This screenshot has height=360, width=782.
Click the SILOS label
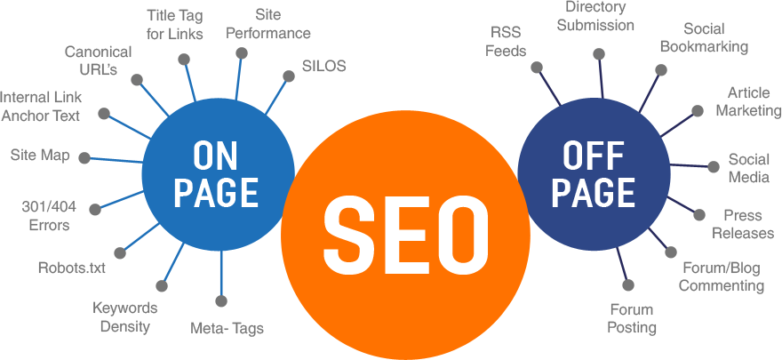coord(323,66)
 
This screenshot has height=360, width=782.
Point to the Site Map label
coord(40,156)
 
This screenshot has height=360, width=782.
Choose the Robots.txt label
coord(71,267)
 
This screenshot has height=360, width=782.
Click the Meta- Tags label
coord(227,328)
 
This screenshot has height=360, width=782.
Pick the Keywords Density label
coord(125,316)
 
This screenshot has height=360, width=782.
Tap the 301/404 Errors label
coord(48,216)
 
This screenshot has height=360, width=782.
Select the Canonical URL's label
coord(98,60)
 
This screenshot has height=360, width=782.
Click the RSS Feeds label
coord(506,41)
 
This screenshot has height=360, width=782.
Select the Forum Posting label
coord(632,318)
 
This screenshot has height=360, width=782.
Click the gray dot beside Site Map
coord(84,158)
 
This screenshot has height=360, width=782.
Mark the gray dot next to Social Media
coord(713,166)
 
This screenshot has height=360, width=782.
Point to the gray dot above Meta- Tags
coord(221,300)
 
